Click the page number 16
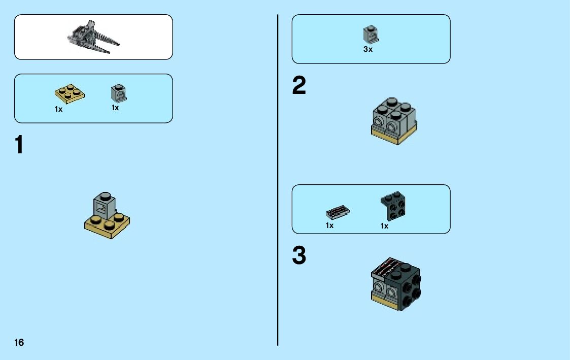[19, 343]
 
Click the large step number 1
[19, 145]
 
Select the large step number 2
[299, 87]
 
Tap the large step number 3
[299, 256]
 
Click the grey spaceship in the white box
[94, 37]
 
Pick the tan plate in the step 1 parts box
[70, 94]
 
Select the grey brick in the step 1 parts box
[118, 92]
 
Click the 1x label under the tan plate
[59, 109]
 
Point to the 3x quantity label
[368, 50]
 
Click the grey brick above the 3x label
[371, 35]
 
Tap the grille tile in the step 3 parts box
[338, 212]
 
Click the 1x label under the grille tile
[330, 225]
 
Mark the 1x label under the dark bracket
[385, 226]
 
